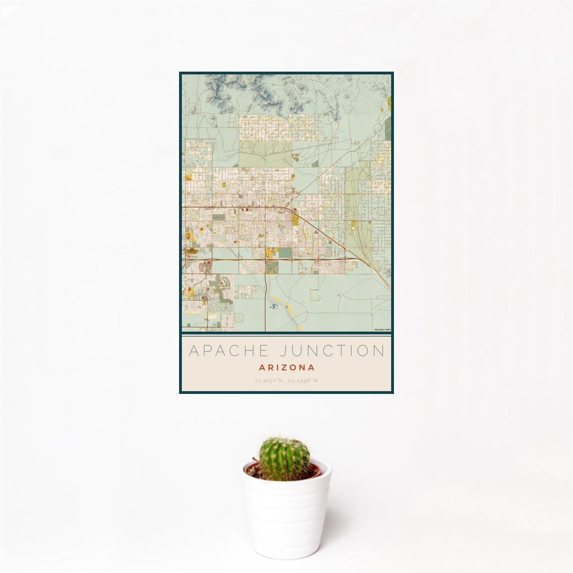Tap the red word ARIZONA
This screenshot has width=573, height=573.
point(286,368)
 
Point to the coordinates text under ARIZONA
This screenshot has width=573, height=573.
point(286,381)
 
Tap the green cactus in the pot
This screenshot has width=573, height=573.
point(284,459)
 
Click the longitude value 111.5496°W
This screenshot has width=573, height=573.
point(302,381)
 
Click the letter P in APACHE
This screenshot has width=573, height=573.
point(208,351)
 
